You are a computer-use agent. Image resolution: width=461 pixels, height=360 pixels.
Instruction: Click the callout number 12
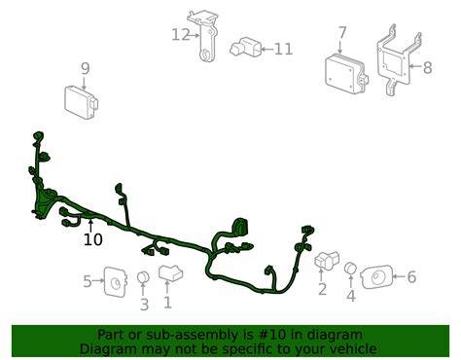click(180, 35)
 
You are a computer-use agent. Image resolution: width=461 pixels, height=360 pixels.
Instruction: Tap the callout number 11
click(284, 50)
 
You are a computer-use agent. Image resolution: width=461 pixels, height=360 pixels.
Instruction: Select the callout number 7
click(342, 33)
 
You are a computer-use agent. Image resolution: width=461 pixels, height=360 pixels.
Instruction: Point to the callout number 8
click(428, 67)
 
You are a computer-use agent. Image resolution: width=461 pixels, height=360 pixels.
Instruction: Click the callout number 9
click(85, 69)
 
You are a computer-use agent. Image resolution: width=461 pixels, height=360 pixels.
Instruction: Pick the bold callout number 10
click(93, 239)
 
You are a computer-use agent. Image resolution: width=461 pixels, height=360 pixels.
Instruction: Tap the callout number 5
click(88, 281)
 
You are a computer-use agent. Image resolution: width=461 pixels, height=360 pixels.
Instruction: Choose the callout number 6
click(411, 277)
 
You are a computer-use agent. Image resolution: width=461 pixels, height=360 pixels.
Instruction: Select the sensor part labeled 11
click(246, 48)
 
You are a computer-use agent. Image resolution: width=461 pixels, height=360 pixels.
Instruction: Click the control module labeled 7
click(346, 74)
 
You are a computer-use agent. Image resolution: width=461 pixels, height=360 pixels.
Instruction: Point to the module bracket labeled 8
click(399, 60)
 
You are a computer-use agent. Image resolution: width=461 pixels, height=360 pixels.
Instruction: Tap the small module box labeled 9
click(82, 103)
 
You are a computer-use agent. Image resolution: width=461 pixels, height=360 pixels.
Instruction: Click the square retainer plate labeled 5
click(116, 281)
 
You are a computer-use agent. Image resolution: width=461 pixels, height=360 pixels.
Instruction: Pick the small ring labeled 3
click(143, 277)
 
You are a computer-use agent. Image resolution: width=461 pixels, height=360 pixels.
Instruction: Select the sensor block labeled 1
click(170, 272)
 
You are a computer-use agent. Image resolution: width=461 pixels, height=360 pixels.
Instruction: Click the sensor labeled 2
click(326, 259)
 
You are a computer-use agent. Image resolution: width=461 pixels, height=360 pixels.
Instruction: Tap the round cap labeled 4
click(350, 269)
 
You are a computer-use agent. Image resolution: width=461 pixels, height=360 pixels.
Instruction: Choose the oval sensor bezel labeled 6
click(376, 277)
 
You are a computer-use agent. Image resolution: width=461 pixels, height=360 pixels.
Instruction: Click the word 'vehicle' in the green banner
click(355, 349)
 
